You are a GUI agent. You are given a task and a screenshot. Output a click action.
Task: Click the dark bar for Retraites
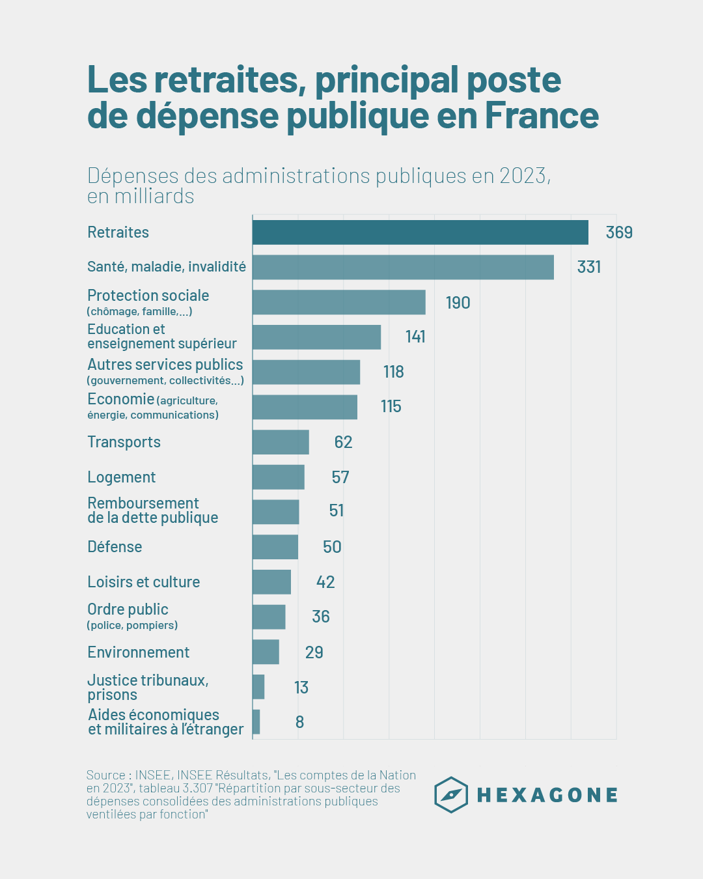tap(420, 232)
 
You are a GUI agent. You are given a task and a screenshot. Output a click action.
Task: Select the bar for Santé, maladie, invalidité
tap(403, 267)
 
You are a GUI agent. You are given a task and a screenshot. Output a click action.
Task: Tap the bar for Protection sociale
tap(338, 302)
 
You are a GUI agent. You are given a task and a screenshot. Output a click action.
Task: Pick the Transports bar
tap(281, 442)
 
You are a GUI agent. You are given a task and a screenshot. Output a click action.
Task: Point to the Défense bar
tap(275, 547)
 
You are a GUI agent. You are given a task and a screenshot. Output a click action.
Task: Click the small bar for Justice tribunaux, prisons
tap(258, 687)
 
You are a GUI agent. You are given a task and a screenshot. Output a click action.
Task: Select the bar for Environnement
tap(266, 652)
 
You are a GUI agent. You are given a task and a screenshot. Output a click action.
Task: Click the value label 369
tap(619, 232)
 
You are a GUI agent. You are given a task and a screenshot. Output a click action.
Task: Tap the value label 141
tap(415, 337)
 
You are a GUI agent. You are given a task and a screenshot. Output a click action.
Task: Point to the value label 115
tap(391, 406)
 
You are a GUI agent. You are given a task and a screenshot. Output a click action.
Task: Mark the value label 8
tap(299, 722)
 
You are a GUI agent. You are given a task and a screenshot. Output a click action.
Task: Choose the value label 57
tap(340, 477)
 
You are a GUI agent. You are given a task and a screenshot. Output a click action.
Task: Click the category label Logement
tap(121, 477)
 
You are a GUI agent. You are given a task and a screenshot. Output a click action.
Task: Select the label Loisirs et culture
tap(143, 582)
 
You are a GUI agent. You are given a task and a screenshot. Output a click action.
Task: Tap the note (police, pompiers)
tap(132, 626)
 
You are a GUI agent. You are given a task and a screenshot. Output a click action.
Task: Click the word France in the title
tap(542, 115)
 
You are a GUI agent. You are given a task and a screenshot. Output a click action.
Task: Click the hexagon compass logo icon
tap(451, 795)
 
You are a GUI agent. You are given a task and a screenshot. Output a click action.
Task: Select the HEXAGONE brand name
tap(547, 795)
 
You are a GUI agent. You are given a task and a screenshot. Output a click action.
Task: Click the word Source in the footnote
tap(105, 775)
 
